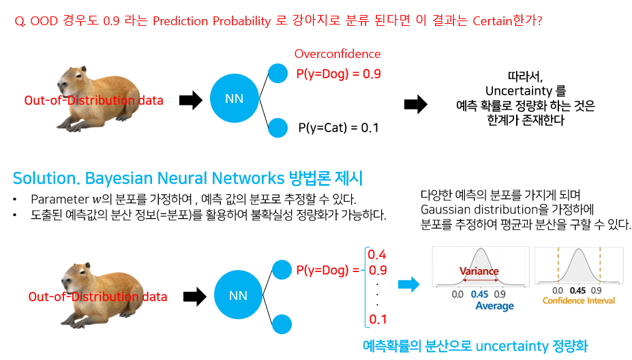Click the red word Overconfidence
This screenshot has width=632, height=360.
[337, 54]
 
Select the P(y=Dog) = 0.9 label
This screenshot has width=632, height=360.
[338, 74]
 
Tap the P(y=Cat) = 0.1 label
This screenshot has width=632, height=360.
[338, 127]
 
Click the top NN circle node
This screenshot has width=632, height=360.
[234, 100]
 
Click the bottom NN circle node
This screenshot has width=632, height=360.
[238, 296]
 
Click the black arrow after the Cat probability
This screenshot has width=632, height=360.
[415, 104]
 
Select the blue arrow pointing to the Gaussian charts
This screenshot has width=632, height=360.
[408, 284]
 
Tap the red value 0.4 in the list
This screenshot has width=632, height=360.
[377, 255]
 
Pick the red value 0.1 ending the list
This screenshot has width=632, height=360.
[377, 319]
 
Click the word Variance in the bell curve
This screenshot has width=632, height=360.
[479, 271]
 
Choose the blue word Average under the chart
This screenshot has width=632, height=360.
[494, 306]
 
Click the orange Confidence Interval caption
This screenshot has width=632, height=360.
[578, 300]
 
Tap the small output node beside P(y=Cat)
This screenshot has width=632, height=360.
[278, 126]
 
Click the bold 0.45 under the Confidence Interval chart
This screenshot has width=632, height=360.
[578, 289]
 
